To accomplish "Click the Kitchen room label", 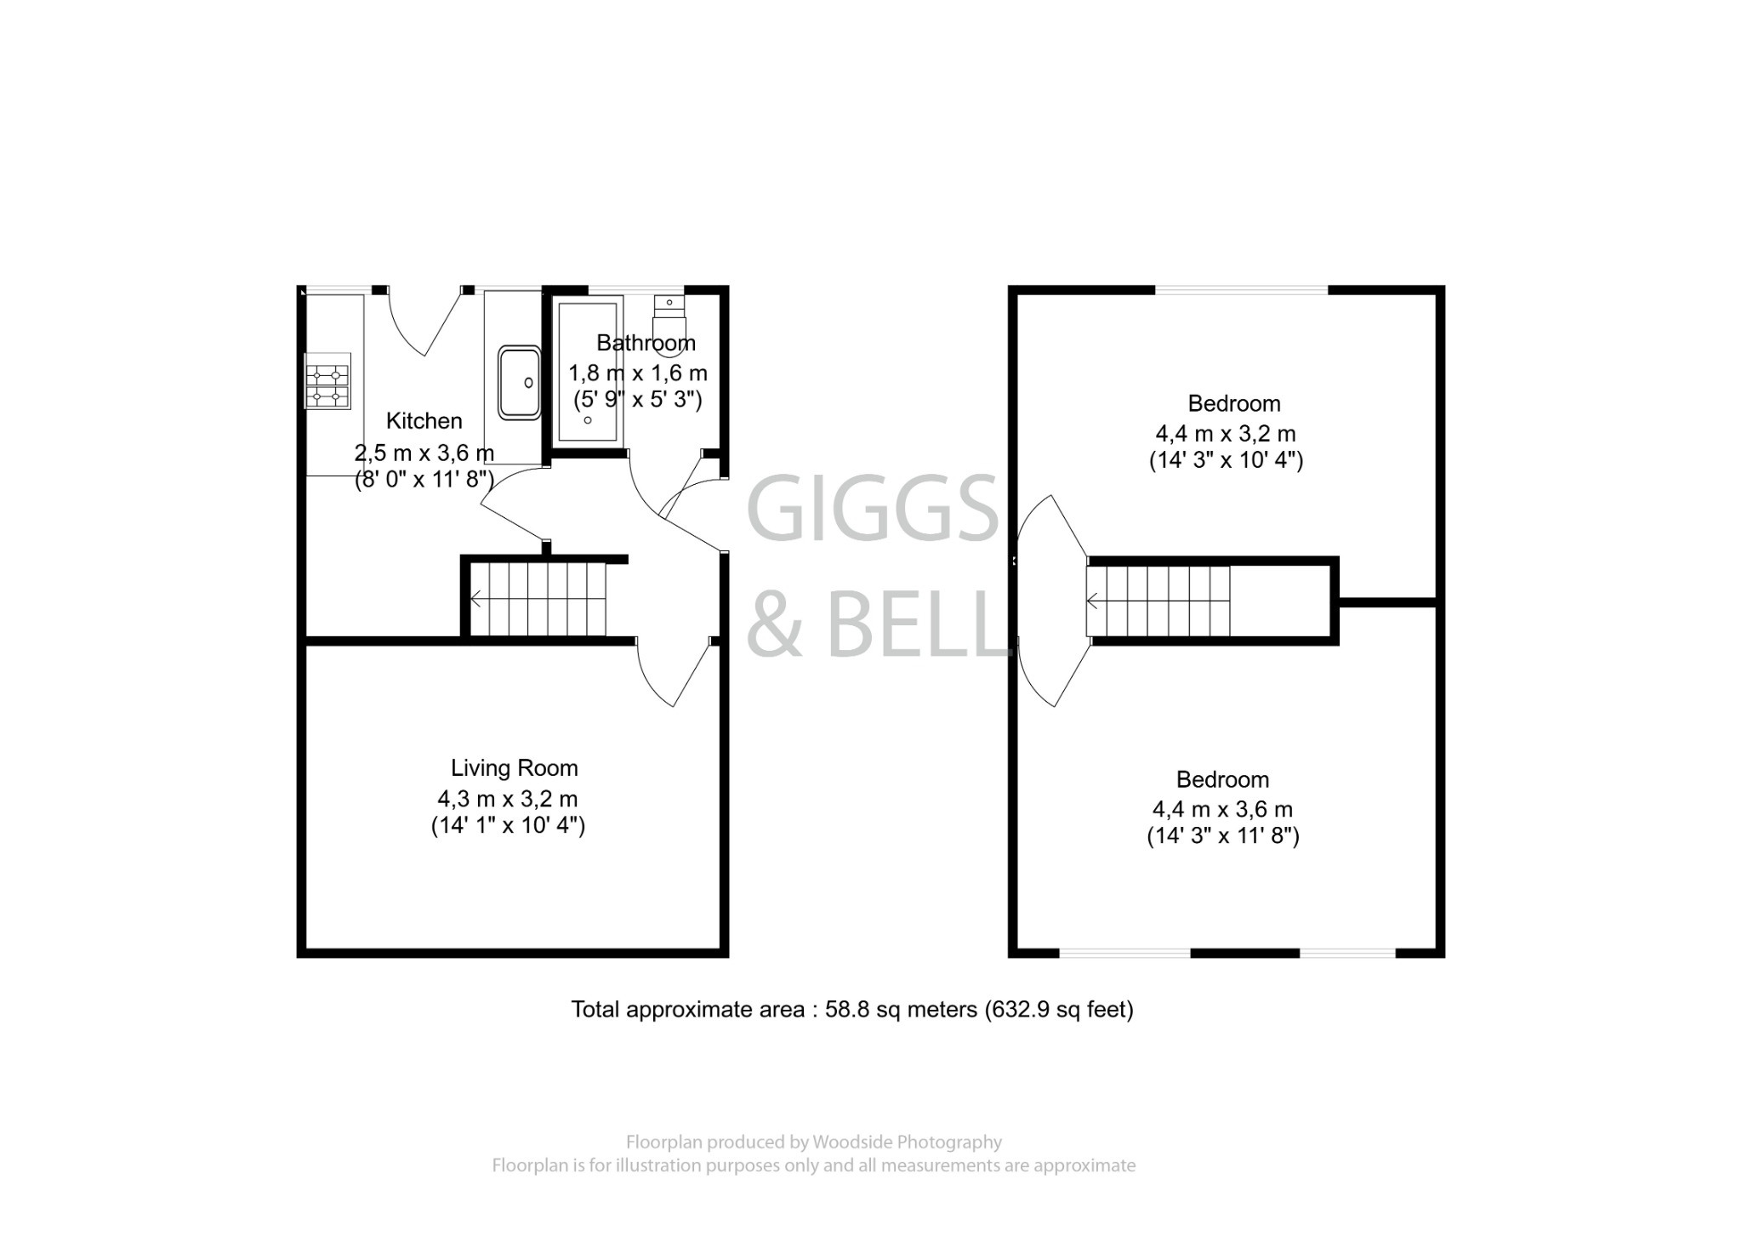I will [x=424, y=421].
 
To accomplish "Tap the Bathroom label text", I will [x=646, y=343].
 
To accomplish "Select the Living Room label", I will [x=514, y=768].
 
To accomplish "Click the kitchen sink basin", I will [x=519, y=382].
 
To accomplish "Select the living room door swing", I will [x=672, y=676].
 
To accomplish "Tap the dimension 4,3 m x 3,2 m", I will [x=508, y=799].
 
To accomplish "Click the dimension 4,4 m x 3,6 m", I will [x=1222, y=809].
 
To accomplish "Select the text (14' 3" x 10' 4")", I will [x=1226, y=461].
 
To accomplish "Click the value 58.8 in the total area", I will [x=844, y=1010].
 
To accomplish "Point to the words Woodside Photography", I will [x=907, y=1142].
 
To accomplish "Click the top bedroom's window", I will [x=1240, y=291].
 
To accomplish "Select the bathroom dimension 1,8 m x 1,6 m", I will [x=638, y=373].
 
